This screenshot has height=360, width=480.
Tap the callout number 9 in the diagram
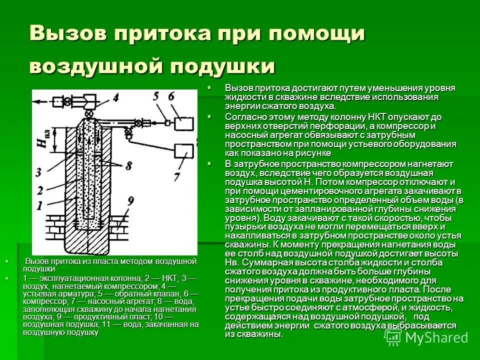click(131, 202)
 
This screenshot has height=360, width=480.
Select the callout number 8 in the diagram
click(129, 165)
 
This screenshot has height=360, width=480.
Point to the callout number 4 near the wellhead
click(115, 98)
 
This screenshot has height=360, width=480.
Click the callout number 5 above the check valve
click(155, 97)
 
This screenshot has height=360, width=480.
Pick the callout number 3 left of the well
click(39, 172)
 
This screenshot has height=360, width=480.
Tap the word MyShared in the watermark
click(436, 337)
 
